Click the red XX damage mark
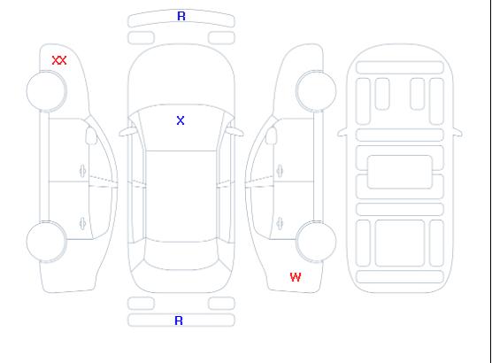coord(59,60)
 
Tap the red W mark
coord(296,277)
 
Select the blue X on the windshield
coord(181,120)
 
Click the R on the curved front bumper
coord(181,16)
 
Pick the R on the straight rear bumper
coord(179,321)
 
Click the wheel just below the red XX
coord(46,91)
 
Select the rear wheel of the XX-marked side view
coord(46,242)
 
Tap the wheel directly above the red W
coord(316,242)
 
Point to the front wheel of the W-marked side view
coord(316,91)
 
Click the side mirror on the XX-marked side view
coord(91,135)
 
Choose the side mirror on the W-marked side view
coord(272,135)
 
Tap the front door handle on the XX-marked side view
coord(82,171)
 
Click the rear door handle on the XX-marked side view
coord(82,223)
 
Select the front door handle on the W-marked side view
coord(280,171)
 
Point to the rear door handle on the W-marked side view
coord(280,223)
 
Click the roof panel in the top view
coord(181,197)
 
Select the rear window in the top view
coord(181,255)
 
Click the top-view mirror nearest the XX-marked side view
coord(127,132)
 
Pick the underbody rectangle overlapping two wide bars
coord(400,172)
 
